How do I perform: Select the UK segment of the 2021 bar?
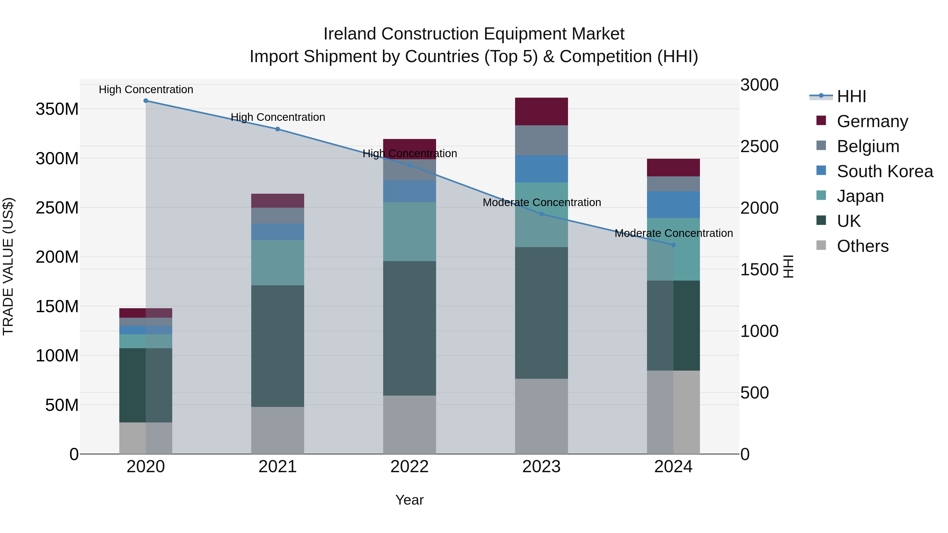(x=278, y=346)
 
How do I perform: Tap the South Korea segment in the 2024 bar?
(x=673, y=205)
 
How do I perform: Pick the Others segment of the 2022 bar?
(x=409, y=425)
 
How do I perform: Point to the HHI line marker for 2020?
(x=146, y=101)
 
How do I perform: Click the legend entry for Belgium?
(x=868, y=146)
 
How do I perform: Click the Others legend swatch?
(x=821, y=245)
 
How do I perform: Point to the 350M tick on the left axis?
(x=57, y=109)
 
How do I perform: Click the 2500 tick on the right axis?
(x=759, y=146)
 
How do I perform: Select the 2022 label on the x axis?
(x=409, y=467)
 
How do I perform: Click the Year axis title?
(x=409, y=500)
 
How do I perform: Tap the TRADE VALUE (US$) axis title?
(x=8, y=266)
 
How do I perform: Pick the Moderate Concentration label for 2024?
(x=673, y=233)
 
